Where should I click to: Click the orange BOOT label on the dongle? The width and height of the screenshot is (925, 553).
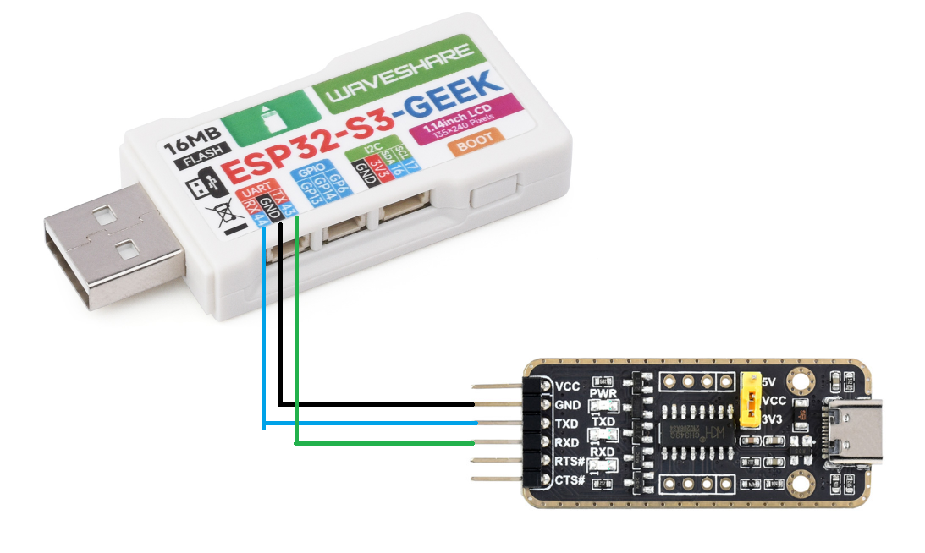[474, 143]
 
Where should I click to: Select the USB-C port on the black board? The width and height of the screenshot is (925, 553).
[856, 431]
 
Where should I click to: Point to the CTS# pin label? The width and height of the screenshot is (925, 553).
[570, 479]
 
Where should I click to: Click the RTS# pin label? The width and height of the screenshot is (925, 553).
[570, 461]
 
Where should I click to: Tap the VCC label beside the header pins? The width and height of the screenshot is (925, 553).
[568, 386]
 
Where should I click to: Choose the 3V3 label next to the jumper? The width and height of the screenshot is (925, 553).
[773, 419]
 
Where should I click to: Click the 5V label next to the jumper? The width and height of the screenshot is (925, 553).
[769, 382]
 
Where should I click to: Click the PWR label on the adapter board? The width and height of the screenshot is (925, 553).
[603, 394]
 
